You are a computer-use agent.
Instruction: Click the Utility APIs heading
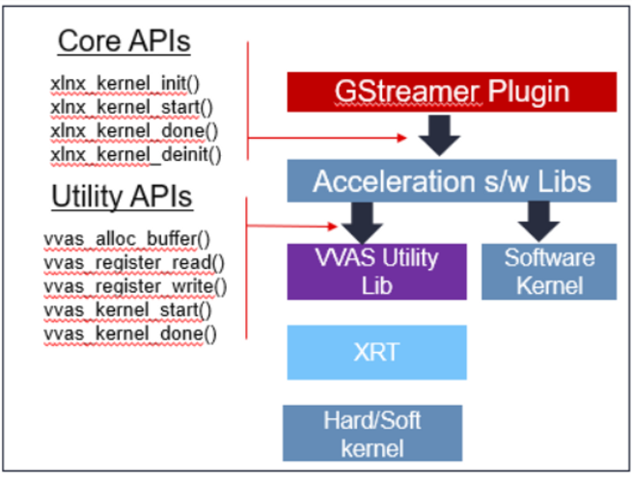coord(122,197)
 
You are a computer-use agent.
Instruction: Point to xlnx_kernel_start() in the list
coord(131,106)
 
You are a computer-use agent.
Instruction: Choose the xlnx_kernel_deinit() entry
coord(135,152)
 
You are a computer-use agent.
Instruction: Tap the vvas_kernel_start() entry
coord(128,309)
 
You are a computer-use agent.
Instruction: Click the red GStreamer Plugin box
coord(451,92)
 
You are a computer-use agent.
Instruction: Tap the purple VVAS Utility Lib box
coord(376,271)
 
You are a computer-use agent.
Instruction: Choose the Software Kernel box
coord(548,271)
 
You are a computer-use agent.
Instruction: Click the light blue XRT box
coord(376,351)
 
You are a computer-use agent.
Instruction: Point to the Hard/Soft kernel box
coord(371,433)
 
